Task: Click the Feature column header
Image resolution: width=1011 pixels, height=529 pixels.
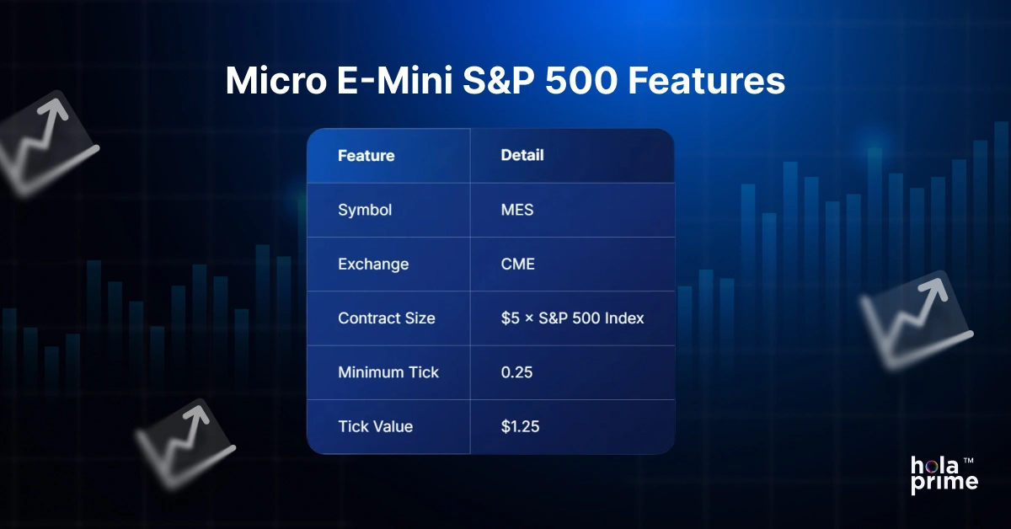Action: click(366, 156)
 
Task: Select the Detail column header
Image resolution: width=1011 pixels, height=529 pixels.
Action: click(522, 155)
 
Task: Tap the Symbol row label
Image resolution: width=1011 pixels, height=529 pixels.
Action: click(365, 211)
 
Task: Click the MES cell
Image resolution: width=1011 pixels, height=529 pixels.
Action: click(517, 210)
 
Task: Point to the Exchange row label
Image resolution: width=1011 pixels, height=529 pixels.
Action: click(373, 264)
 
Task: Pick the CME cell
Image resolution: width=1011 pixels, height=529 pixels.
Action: click(517, 264)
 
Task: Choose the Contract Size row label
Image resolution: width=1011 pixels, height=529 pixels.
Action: click(387, 318)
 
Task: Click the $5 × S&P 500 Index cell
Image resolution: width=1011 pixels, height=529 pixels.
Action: click(572, 318)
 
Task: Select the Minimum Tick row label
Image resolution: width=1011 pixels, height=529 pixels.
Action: click(388, 372)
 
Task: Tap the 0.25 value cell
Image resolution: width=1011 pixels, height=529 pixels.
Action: click(516, 372)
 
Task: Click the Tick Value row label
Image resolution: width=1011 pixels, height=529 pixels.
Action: click(376, 426)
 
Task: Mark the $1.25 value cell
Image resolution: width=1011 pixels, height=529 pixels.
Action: click(520, 426)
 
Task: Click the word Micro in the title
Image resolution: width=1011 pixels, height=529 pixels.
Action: click(276, 80)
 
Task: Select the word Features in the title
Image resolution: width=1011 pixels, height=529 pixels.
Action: click(707, 81)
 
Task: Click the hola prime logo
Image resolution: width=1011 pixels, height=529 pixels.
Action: click(944, 476)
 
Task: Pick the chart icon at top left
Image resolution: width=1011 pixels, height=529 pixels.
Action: click(45, 143)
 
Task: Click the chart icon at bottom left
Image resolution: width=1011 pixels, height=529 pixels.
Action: click(186, 444)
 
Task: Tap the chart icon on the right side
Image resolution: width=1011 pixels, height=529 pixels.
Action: click(917, 322)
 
